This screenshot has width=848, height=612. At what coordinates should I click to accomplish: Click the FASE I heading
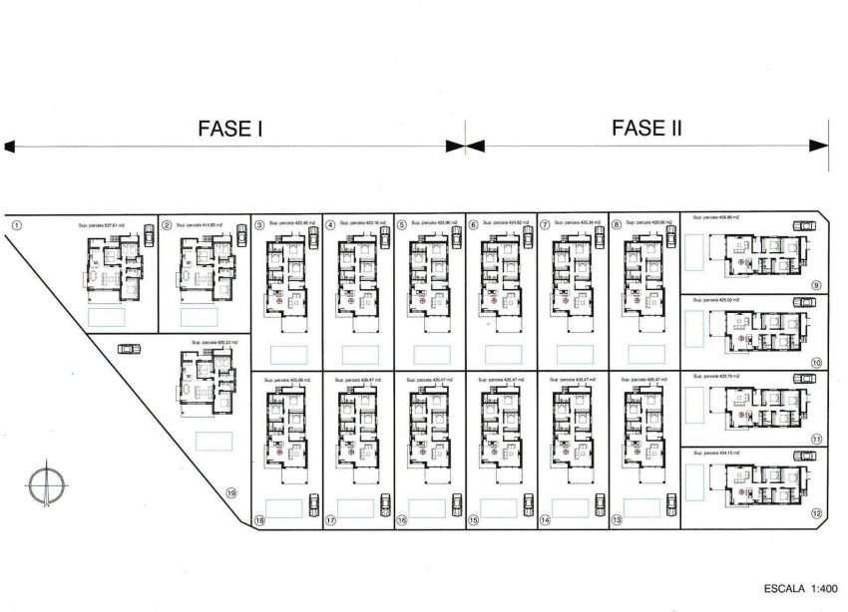[230, 128]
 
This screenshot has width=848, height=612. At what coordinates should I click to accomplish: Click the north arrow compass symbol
[44, 484]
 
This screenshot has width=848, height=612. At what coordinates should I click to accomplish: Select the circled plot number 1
[15, 225]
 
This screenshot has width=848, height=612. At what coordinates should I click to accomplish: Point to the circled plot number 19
[230, 492]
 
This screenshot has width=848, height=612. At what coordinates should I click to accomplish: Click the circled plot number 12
[816, 513]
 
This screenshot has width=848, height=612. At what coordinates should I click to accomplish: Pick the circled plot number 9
[816, 286]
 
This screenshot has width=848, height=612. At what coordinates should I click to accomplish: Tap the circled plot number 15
[474, 520]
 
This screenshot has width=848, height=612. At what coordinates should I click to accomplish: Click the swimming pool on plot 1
[106, 317]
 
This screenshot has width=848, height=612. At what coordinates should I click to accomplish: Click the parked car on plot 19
[127, 348]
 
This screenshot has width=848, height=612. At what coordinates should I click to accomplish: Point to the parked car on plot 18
[314, 503]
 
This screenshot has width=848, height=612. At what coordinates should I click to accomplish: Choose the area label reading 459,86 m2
[720, 216]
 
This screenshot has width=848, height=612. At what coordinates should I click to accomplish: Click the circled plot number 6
[474, 225]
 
